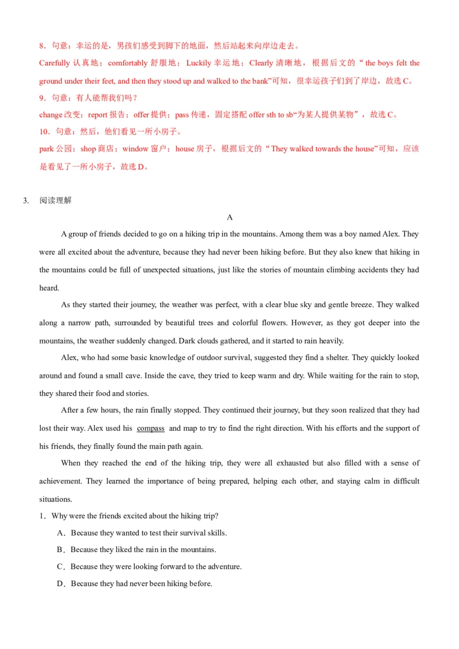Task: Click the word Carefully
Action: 54,63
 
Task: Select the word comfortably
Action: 127,63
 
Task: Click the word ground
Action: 50,81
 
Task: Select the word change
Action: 50,115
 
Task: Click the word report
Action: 98,115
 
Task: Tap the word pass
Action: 182,115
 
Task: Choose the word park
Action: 46,149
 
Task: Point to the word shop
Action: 88,149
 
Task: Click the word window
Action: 135,149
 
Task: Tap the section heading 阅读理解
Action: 55,200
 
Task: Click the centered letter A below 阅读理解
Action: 229,217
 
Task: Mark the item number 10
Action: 44,132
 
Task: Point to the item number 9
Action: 41,98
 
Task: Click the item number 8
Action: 41,46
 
